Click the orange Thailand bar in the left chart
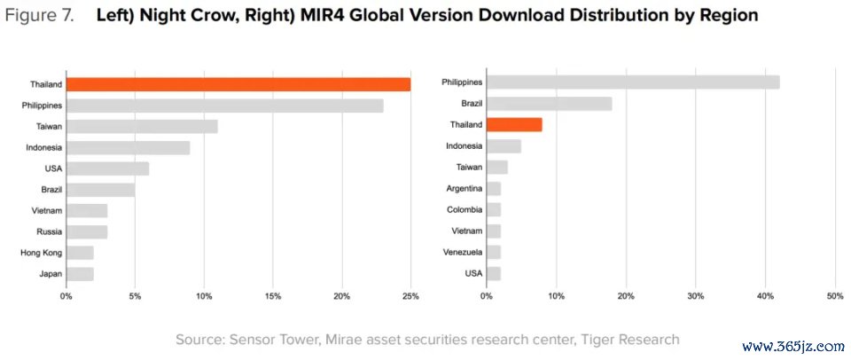pyautogui.click(x=238, y=84)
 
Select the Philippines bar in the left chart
pyautogui.click(x=224, y=106)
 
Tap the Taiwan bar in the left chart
pyautogui.click(x=142, y=127)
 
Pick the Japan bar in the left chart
pyautogui.click(x=80, y=274)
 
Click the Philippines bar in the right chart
pyautogui.click(x=633, y=82)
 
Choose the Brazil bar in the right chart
pyautogui.click(x=550, y=104)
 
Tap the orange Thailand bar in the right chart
pyautogui.click(x=514, y=125)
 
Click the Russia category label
pyautogui.click(x=50, y=231)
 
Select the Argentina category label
pyautogui.click(x=465, y=188)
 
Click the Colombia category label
pyautogui.click(x=465, y=209)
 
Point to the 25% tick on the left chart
pyautogui.click(x=410, y=296)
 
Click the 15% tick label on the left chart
pyautogui.click(x=272, y=296)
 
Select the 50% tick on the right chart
pyautogui.click(x=834, y=296)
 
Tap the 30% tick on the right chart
pyautogui.click(x=695, y=296)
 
